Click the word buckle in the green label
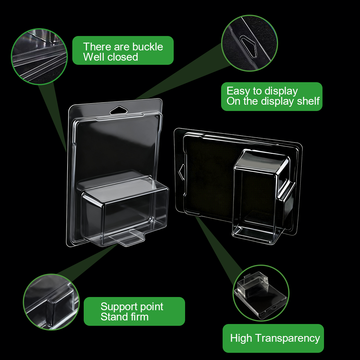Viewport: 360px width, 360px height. [148, 46]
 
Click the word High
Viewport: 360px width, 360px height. [241, 338]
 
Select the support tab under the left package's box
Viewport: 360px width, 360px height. [127, 238]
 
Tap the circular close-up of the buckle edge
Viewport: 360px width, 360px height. [39, 57]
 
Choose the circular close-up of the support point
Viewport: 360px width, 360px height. [51, 302]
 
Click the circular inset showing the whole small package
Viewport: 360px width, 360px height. [261, 293]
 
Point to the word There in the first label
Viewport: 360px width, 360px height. [97, 46]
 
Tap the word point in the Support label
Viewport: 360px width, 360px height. [151, 275]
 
